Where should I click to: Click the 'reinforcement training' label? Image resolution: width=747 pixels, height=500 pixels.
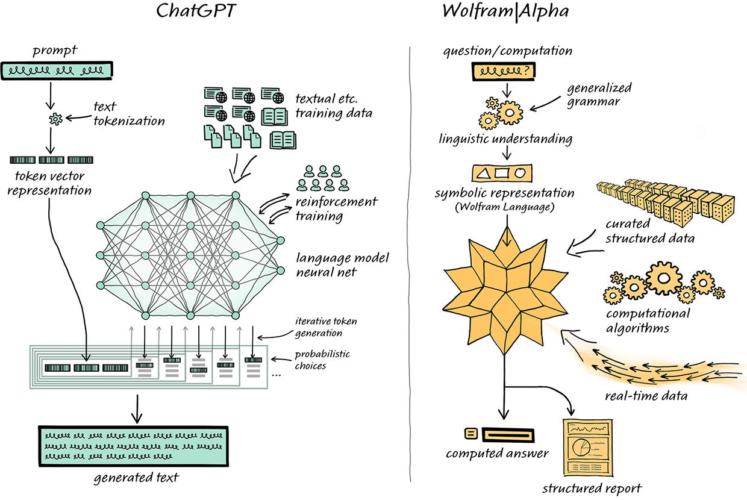(x=336, y=208)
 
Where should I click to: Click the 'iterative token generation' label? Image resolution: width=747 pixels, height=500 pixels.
(x=318, y=328)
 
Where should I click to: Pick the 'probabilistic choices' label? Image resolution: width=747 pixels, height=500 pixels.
(x=322, y=360)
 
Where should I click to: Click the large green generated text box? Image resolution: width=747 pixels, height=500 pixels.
(x=133, y=445)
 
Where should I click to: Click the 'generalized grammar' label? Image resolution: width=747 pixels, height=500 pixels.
(x=598, y=95)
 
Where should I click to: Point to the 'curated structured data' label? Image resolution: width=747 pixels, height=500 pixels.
(x=649, y=231)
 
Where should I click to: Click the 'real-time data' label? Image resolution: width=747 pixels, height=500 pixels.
(x=645, y=396)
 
